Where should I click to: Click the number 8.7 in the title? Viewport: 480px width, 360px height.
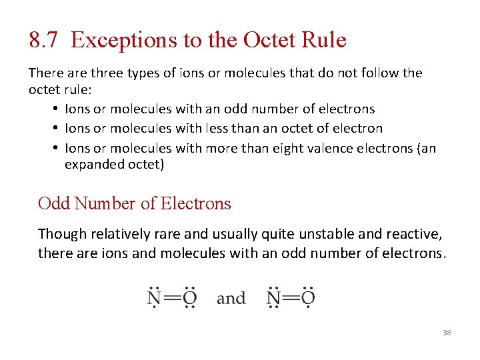(45, 40)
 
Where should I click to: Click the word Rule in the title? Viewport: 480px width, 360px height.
(325, 40)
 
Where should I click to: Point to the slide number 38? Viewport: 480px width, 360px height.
(447, 332)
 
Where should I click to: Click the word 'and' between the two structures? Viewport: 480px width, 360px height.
(231, 298)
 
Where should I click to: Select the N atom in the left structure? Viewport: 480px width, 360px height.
(154, 298)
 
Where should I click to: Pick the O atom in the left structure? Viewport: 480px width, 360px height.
(189, 298)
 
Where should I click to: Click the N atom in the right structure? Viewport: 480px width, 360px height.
(273, 298)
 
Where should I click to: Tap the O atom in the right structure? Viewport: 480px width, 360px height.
(308, 298)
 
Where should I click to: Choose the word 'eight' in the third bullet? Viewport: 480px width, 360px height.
(293, 147)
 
